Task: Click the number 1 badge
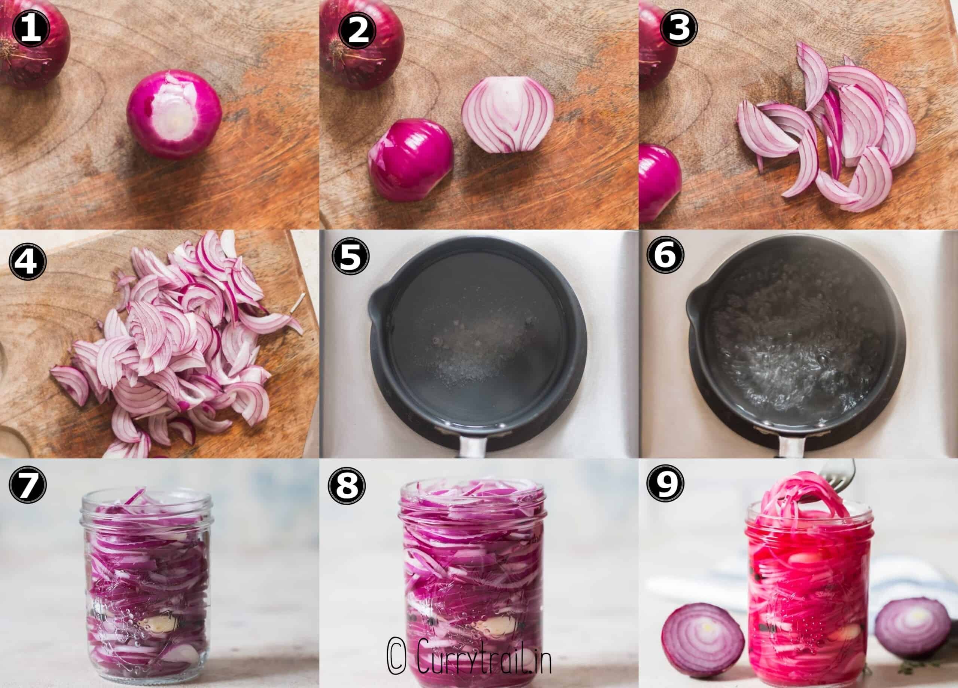point(31,29)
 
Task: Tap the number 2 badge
point(357,29)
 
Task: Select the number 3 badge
point(679,27)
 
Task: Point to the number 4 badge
point(27,260)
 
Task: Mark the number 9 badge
point(666,483)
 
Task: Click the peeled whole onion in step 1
point(174,114)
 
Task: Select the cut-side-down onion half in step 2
point(411,160)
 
